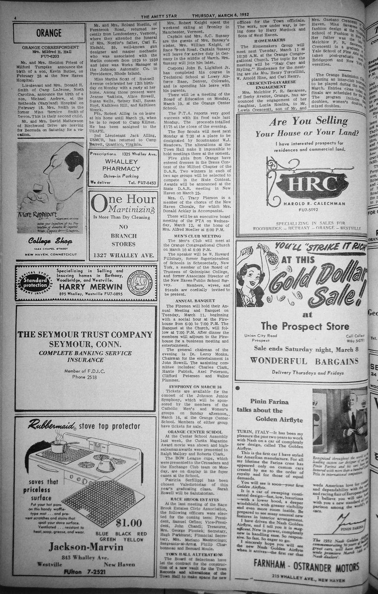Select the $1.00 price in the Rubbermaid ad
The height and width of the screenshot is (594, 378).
(128, 523)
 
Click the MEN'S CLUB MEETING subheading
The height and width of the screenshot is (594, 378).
(195, 236)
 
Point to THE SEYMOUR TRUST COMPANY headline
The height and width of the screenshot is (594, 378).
(85, 334)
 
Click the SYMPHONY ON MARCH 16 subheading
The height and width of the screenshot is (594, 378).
(195, 386)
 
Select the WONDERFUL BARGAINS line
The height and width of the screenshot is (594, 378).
(304, 361)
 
